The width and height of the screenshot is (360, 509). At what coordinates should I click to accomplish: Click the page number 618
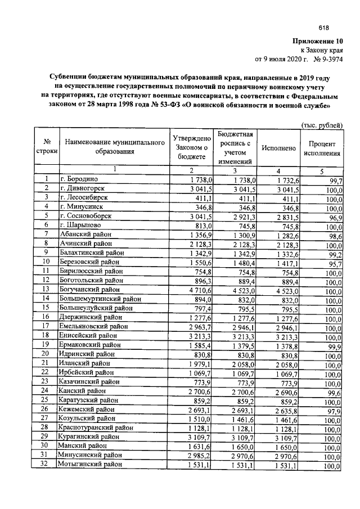(x=323, y=28)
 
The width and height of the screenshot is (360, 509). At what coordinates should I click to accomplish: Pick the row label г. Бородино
(x=80, y=179)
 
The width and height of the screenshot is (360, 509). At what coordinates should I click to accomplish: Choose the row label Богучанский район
(x=88, y=289)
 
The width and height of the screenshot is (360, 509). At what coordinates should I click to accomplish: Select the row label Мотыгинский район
(x=90, y=464)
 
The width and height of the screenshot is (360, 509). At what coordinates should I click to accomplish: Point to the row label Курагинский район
(x=90, y=436)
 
